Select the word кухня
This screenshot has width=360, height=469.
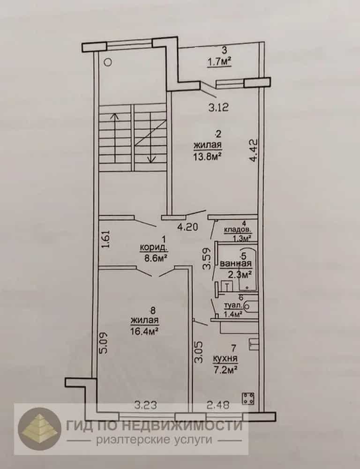pyautogui.click(x=225, y=358)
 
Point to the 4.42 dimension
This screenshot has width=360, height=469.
pyautogui.click(x=254, y=149)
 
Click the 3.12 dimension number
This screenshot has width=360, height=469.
pyautogui.click(x=219, y=107)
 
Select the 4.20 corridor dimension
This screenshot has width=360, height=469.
pyautogui.click(x=187, y=227)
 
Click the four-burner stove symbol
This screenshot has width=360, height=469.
pyautogui.click(x=248, y=398)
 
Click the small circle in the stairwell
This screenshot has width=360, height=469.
pyautogui.click(x=108, y=62)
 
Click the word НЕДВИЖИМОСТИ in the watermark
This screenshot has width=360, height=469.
pyautogui.click(x=175, y=425)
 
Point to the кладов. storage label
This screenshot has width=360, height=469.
pyautogui.click(x=238, y=231)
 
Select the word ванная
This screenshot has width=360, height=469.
pyautogui.click(x=236, y=264)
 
